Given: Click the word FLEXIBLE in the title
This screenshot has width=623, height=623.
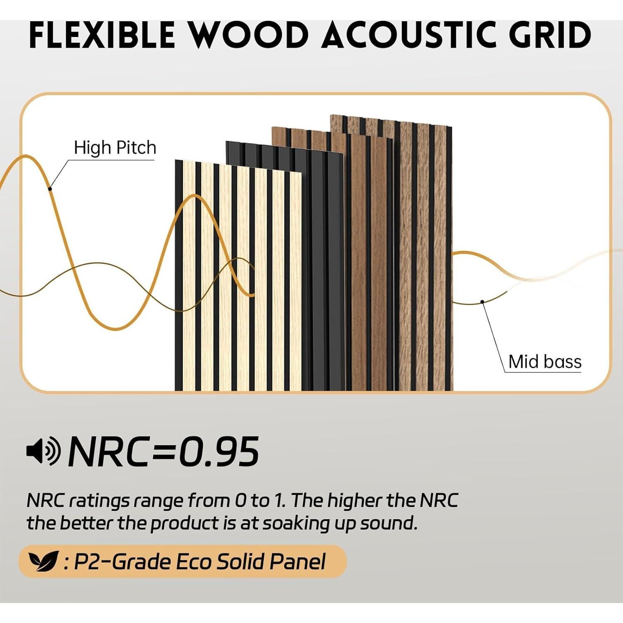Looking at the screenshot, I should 102,35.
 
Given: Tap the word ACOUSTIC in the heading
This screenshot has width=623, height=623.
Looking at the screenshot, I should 409,35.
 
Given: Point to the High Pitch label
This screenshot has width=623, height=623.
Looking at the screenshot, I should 115,148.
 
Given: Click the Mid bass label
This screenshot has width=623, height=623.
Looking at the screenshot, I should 545,362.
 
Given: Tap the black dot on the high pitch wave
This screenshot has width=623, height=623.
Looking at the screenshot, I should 50,189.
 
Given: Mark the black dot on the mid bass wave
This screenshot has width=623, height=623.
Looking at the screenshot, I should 482,302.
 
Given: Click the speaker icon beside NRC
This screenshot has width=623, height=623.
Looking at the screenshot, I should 43,451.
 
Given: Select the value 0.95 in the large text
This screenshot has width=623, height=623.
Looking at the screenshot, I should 219,452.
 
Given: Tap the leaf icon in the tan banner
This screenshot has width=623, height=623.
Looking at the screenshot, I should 42,562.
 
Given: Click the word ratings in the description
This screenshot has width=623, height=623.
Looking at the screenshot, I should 99,501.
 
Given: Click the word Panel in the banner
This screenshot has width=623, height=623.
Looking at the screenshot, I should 297,562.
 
